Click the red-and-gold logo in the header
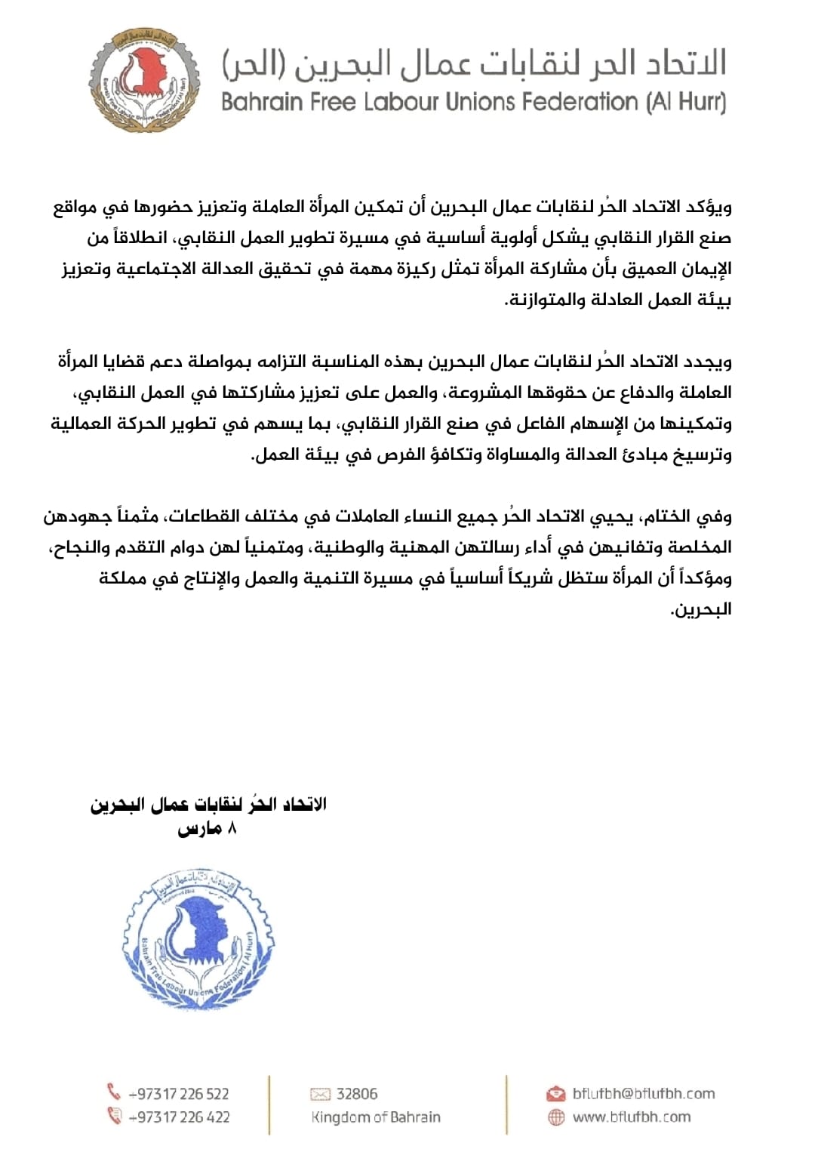point(145,80)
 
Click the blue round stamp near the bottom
point(198,941)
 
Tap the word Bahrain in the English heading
point(261,102)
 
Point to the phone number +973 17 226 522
point(179,1094)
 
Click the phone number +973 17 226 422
point(179,1117)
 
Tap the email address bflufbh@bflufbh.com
point(643,1094)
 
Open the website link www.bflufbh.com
point(631,1117)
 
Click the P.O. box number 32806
point(357,1094)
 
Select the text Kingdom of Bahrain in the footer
point(375,1117)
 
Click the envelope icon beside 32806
point(320,1094)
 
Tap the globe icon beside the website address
point(556,1117)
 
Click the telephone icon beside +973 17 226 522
point(114,1092)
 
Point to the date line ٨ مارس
point(208,829)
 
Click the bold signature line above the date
point(208,805)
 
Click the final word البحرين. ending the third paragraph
point(702,610)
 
